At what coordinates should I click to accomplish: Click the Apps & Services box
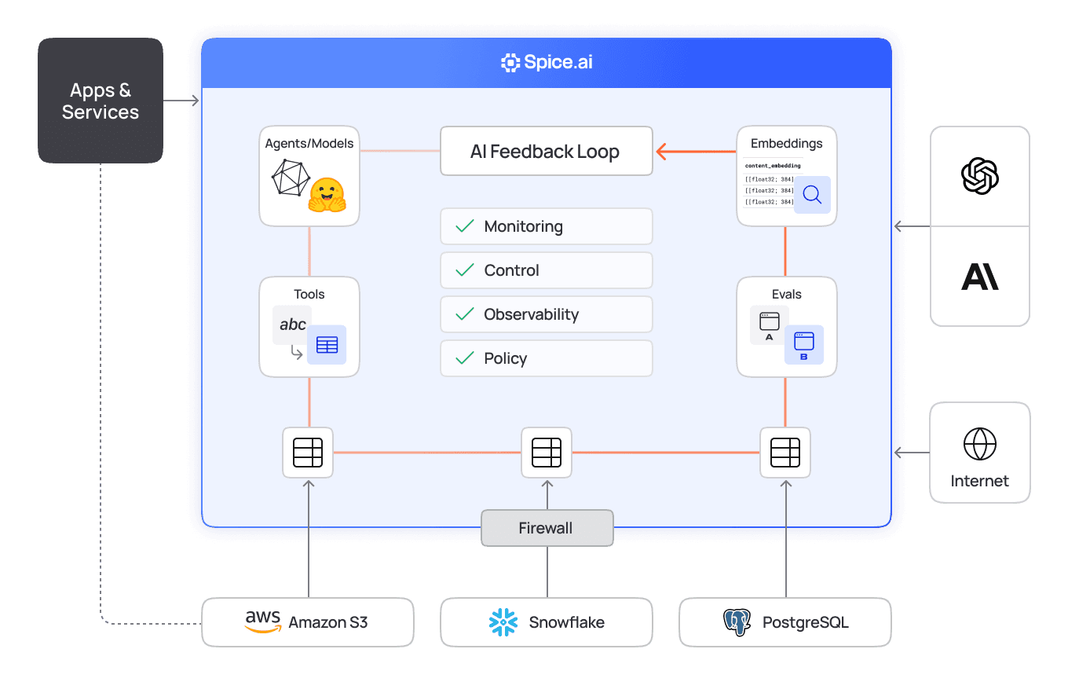pos(101,101)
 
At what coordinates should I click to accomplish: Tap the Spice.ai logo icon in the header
pos(510,63)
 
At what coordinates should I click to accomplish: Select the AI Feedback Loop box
pos(546,151)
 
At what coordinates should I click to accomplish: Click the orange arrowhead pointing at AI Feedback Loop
pos(662,151)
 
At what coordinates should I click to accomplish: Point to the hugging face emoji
pos(327,195)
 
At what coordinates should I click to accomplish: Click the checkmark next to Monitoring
pos(465,226)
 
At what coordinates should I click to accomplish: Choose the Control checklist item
pos(546,270)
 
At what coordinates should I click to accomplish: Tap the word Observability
pos(531,314)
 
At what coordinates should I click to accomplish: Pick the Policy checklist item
pos(546,358)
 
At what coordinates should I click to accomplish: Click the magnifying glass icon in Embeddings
pos(811,195)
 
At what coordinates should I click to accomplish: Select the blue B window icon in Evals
pos(803,344)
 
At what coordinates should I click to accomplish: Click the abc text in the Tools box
pos(292,324)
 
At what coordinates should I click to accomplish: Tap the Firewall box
pos(546,528)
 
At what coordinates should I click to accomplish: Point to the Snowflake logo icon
pos(503,622)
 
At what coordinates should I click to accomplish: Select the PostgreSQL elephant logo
pos(737,622)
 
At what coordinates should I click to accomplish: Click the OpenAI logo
pos(979,176)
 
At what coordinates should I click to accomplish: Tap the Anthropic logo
pos(979,277)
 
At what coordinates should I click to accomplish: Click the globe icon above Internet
pos(979,445)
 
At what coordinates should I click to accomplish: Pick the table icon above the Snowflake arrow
pos(546,453)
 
